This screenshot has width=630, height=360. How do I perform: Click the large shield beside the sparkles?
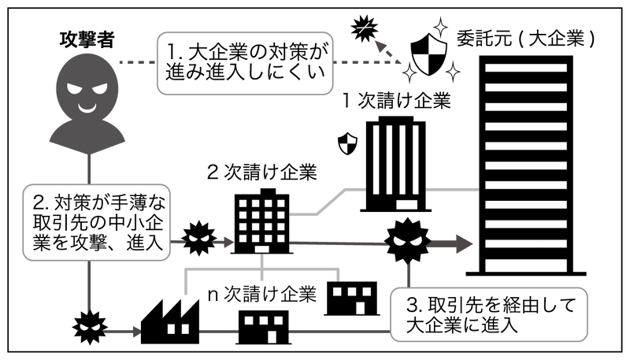tap(430, 53)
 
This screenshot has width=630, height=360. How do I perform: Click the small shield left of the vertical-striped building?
tap(346, 145)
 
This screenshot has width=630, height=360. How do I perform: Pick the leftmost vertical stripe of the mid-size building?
tap(376, 158)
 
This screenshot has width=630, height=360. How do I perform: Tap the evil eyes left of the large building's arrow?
tap(408, 241)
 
